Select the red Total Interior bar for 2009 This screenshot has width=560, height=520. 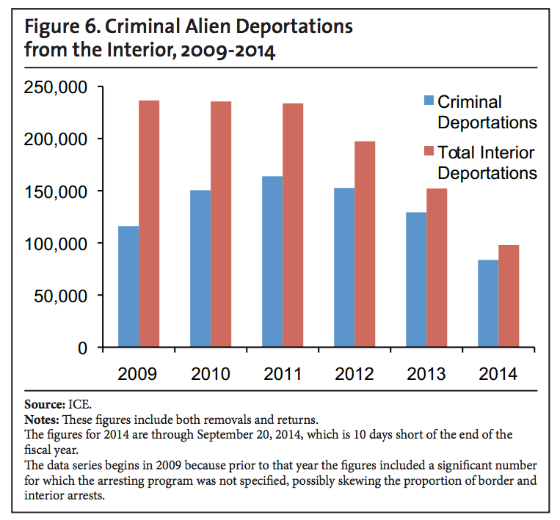148,224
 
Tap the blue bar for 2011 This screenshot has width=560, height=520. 272,261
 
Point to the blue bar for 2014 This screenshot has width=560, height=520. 488,303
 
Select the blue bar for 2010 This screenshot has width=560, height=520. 200,268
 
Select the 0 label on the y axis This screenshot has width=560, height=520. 84,348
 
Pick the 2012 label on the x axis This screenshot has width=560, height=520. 354,374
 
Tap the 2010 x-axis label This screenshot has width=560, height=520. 211,374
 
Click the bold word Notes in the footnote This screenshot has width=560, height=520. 42,420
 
